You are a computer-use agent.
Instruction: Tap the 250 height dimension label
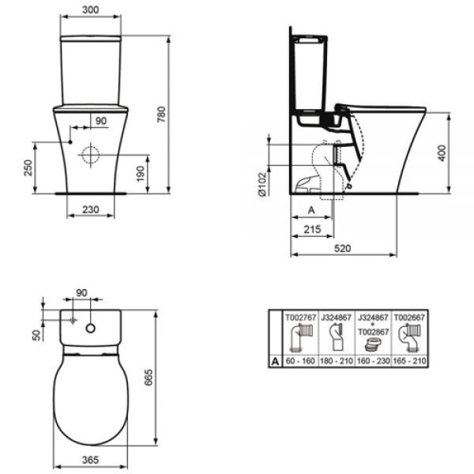click(28, 167)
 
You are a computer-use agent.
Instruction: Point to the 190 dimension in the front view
click(140, 172)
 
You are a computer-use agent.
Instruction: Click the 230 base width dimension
click(90, 210)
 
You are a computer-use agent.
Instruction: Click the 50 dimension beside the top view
click(35, 335)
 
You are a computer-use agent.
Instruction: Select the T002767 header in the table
click(300, 315)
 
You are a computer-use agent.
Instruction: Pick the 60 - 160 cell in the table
click(300, 361)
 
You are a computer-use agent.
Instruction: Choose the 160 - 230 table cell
click(373, 361)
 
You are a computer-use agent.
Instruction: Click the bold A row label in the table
click(275, 361)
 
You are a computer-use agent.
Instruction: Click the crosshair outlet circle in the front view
click(92, 153)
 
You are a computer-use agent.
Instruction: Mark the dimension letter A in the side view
click(310, 210)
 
